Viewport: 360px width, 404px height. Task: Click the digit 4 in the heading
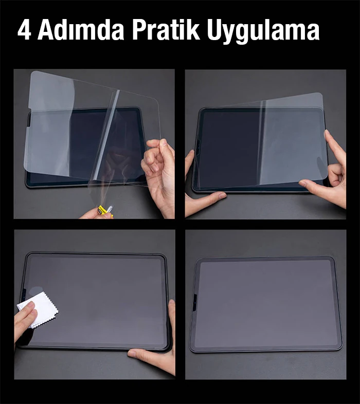point(25,31)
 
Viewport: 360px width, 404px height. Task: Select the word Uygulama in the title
point(263,32)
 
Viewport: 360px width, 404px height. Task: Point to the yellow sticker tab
point(102,211)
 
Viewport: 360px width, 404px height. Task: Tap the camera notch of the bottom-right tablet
point(194,302)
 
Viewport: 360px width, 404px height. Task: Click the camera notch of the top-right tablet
point(198,148)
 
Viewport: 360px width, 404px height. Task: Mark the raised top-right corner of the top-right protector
point(321,94)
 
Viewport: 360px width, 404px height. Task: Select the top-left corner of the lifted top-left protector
point(33,72)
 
